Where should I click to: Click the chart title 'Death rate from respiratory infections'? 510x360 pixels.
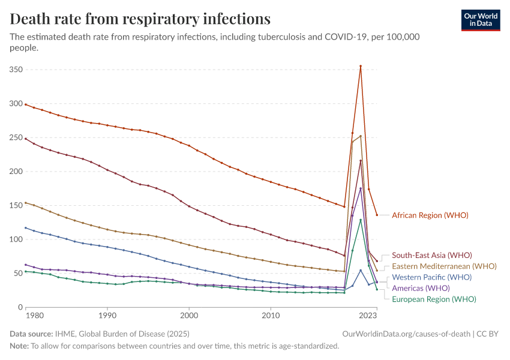click(x=140, y=19)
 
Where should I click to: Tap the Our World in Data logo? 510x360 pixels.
click(x=480, y=20)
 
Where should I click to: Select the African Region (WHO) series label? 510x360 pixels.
click(x=430, y=215)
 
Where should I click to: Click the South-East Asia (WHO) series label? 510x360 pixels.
click(x=431, y=256)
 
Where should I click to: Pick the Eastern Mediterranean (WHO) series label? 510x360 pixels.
click(x=444, y=266)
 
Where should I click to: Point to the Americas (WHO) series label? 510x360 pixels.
click(x=421, y=288)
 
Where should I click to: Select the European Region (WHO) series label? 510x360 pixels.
click(x=434, y=299)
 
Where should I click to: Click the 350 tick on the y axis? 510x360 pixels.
click(x=16, y=70)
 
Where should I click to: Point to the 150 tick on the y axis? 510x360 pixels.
click(x=16, y=206)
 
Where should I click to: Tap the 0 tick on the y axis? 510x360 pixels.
click(x=20, y=307)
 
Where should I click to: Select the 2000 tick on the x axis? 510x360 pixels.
click(x=189, y=314)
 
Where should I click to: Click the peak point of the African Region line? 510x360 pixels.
click(x=361, y=66)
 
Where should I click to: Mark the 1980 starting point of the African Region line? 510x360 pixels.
click(x=25, y=104)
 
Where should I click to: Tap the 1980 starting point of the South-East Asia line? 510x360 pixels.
click(x=25, y=139)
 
